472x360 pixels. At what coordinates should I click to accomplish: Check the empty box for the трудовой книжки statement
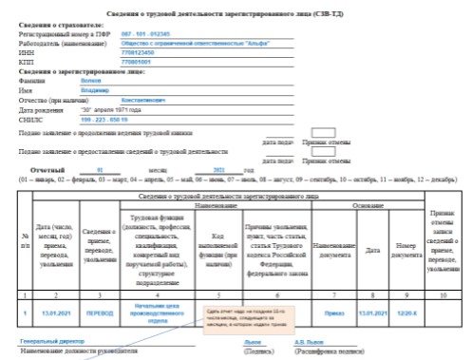[324, 134]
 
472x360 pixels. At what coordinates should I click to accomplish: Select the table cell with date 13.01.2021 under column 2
[53, 311]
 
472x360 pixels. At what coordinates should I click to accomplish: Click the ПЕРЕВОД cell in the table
[99, 311]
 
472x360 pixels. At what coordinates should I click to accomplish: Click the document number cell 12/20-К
[408, 311]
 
